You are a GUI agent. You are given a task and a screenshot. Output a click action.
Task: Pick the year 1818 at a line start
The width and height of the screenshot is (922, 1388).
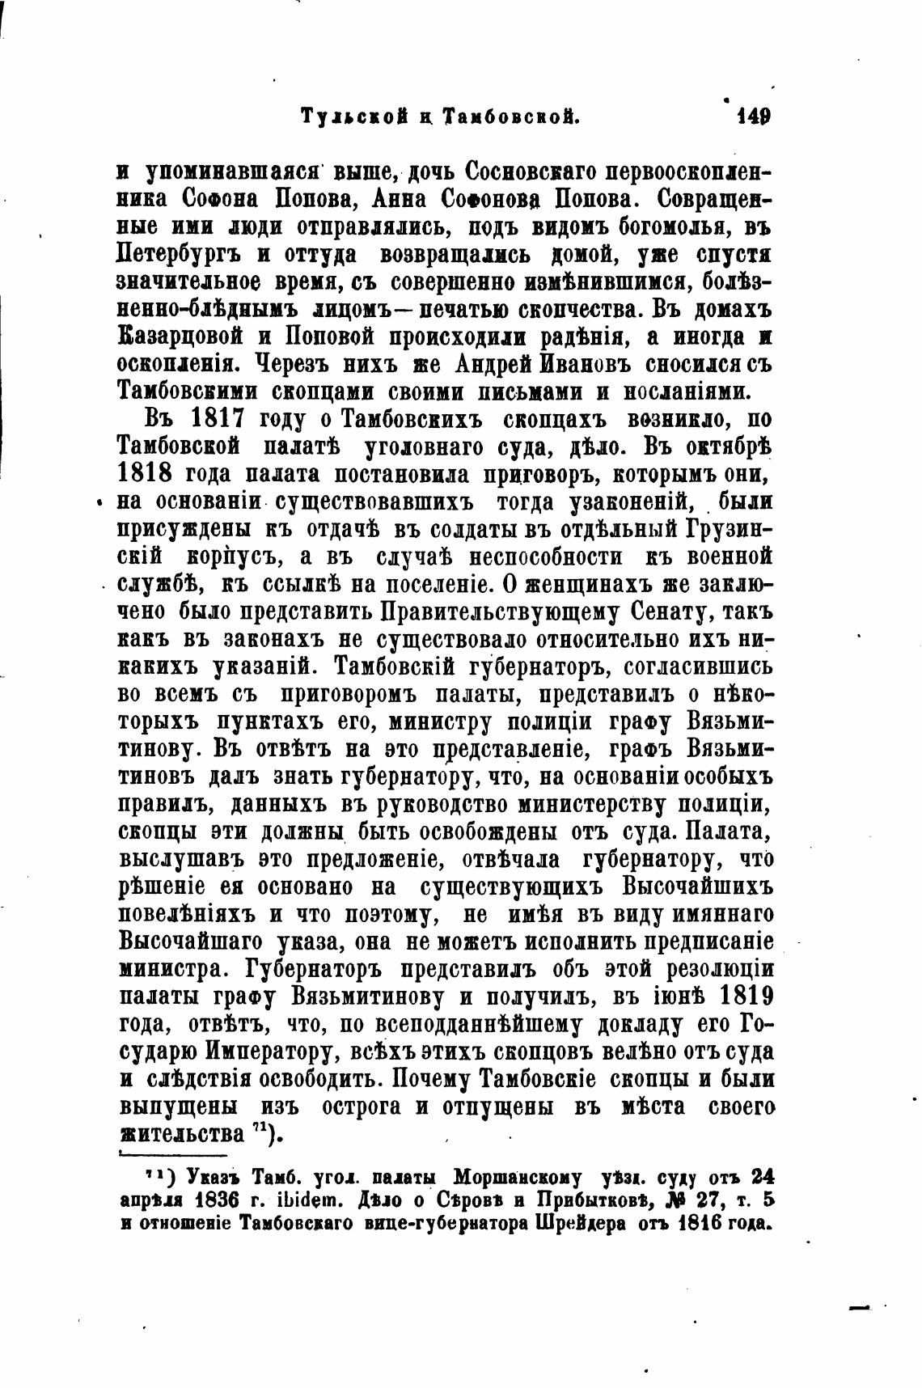point(146,474)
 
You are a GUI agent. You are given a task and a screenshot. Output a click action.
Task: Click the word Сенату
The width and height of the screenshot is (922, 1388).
point(654,611)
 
